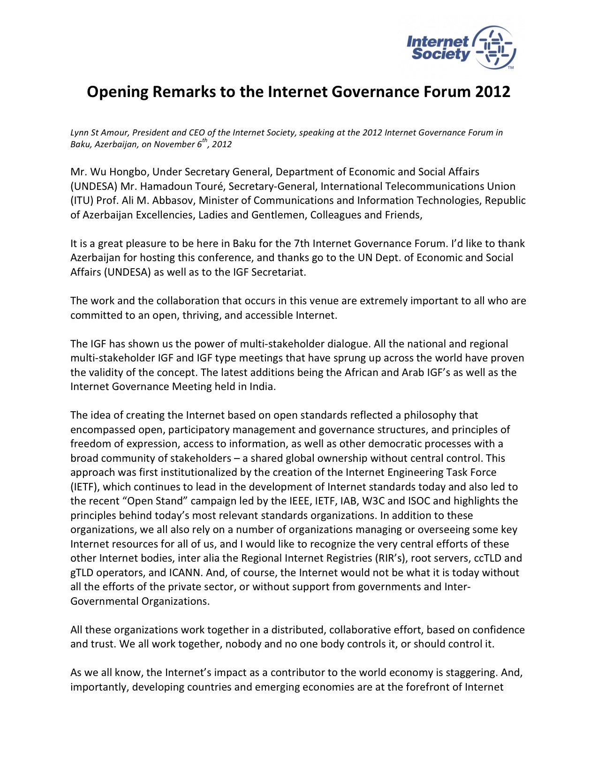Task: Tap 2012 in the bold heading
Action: pos(492,91)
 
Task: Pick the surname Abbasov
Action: pos(174,201)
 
